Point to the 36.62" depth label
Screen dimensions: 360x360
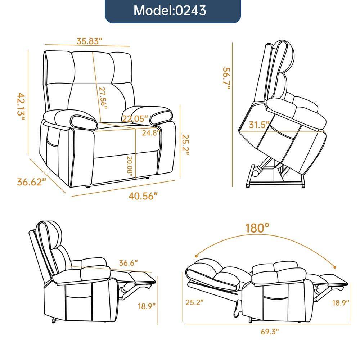(x=32, y=181)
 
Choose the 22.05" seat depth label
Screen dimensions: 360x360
(x=135, y=118)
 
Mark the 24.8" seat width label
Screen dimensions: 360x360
(x=150, y=132)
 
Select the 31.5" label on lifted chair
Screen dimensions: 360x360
(x=259, y=125)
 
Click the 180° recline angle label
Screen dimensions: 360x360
(x=257, y=228)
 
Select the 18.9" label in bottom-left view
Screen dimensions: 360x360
(x=147, y=306)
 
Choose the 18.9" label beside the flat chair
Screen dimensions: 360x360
(x=341, y=303)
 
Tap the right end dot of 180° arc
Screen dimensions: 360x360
(x=336, y=267)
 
